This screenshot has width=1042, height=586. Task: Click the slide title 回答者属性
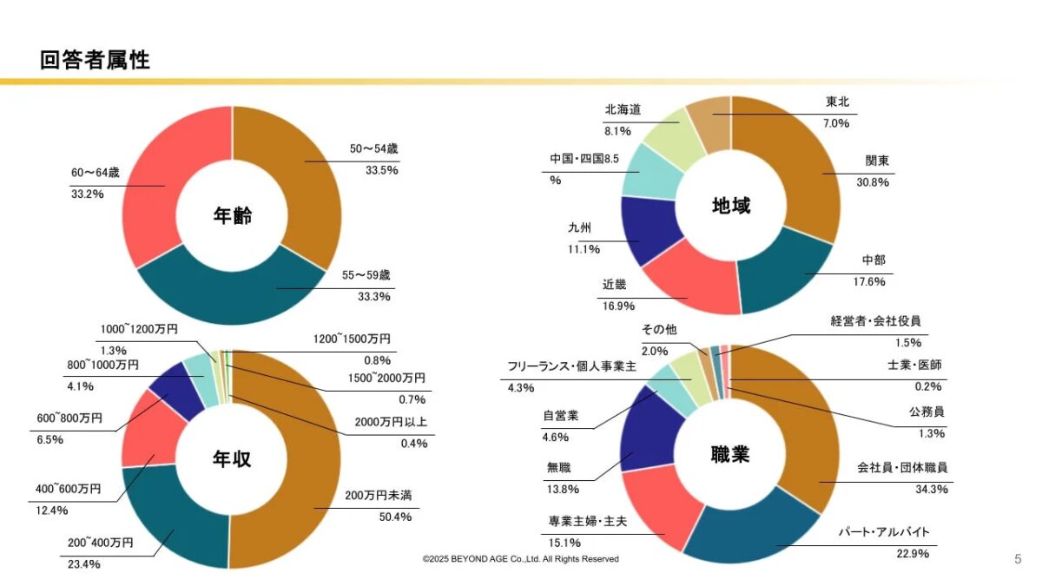point(95,60)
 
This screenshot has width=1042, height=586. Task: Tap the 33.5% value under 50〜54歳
point(382,170)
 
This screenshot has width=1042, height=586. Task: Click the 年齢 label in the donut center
point(232,216)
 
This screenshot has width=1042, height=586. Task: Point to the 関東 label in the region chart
point(877,161)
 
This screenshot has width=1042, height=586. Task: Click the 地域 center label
point(731,206)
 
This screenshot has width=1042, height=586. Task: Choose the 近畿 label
point(614,285)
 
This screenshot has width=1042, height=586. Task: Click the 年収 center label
point(232,459)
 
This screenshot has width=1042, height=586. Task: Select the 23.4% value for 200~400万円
point(84,564)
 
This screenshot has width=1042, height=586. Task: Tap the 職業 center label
point(730,454)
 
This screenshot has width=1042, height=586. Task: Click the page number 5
point(1018,559)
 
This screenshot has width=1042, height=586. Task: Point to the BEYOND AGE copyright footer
point(521,559)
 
